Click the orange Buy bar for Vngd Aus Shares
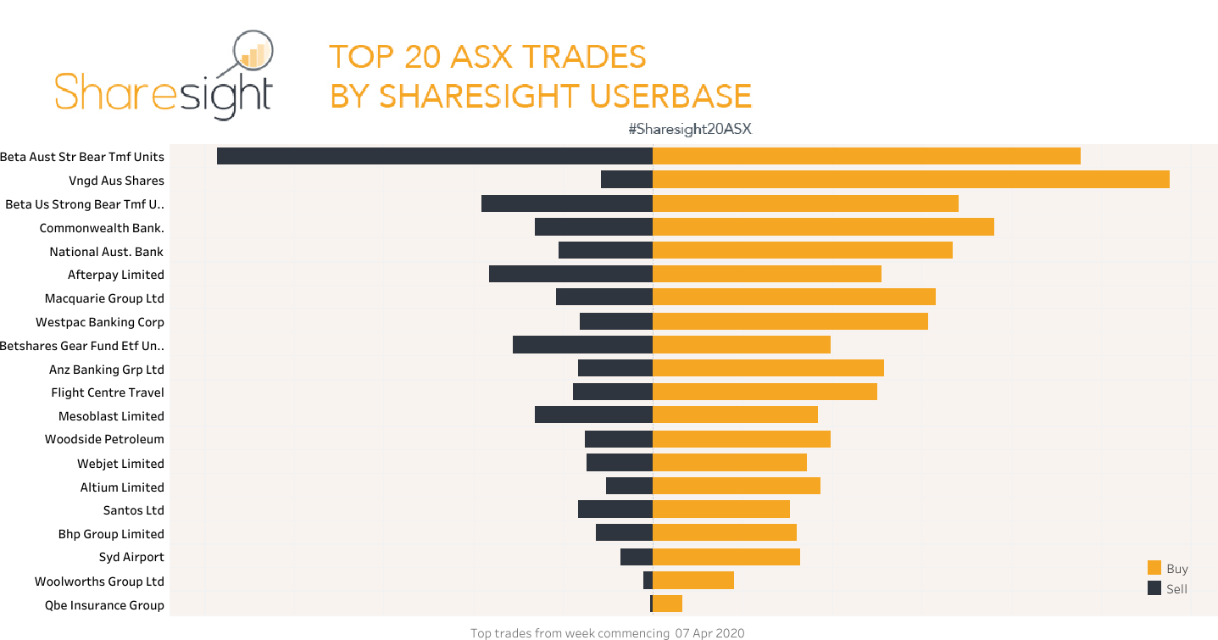(910, 180)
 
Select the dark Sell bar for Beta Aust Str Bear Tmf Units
(434, 156)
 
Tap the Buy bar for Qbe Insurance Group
(667, 604)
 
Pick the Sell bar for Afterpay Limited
(570, 274)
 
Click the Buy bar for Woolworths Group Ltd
(692, 581)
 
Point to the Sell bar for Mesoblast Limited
(593, 415)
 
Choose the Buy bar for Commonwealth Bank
(822, 227)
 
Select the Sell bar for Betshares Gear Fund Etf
(582, 345)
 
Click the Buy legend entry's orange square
(1154, 568)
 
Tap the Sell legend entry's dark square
(1154, 588)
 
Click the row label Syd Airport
(131, 557)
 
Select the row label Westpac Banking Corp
(100, 322)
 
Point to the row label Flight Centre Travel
(108, 392)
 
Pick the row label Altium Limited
(122, 487)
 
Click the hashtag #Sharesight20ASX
(690, 129)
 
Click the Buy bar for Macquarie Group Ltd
(793, 297)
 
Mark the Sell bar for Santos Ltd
(615, 509)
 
